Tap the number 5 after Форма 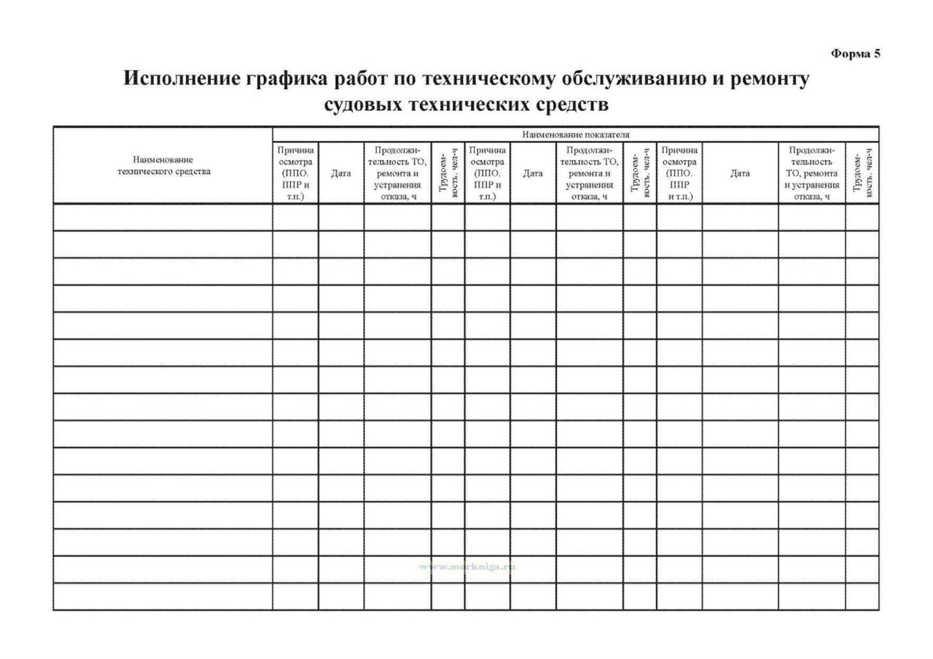pyautogui.click(x=877, y=54)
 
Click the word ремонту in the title pyautogui.click(x=769, y=79)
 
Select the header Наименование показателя pyautogui.click(x=575, y=135)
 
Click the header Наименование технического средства pyautogui.click(x=163, y=165)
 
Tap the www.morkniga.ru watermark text pyautogui.click(x=467, y=567)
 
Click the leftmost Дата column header pyautogui.click(x=341, y=173)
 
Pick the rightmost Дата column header pyautogui.click(x=740, y=173)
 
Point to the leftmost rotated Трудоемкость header pyautogui.click(x=448, y=173)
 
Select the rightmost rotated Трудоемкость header pyautogui.click(x=862, y=173)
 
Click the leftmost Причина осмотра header pyautogui.click(x=296, y=173)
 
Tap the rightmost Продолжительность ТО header pyautogui.click(x=812, y=173)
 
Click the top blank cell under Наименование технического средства pyautogui.click(x=163, y=217)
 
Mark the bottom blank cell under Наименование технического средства pyautogui.click(x=163, y=597)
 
